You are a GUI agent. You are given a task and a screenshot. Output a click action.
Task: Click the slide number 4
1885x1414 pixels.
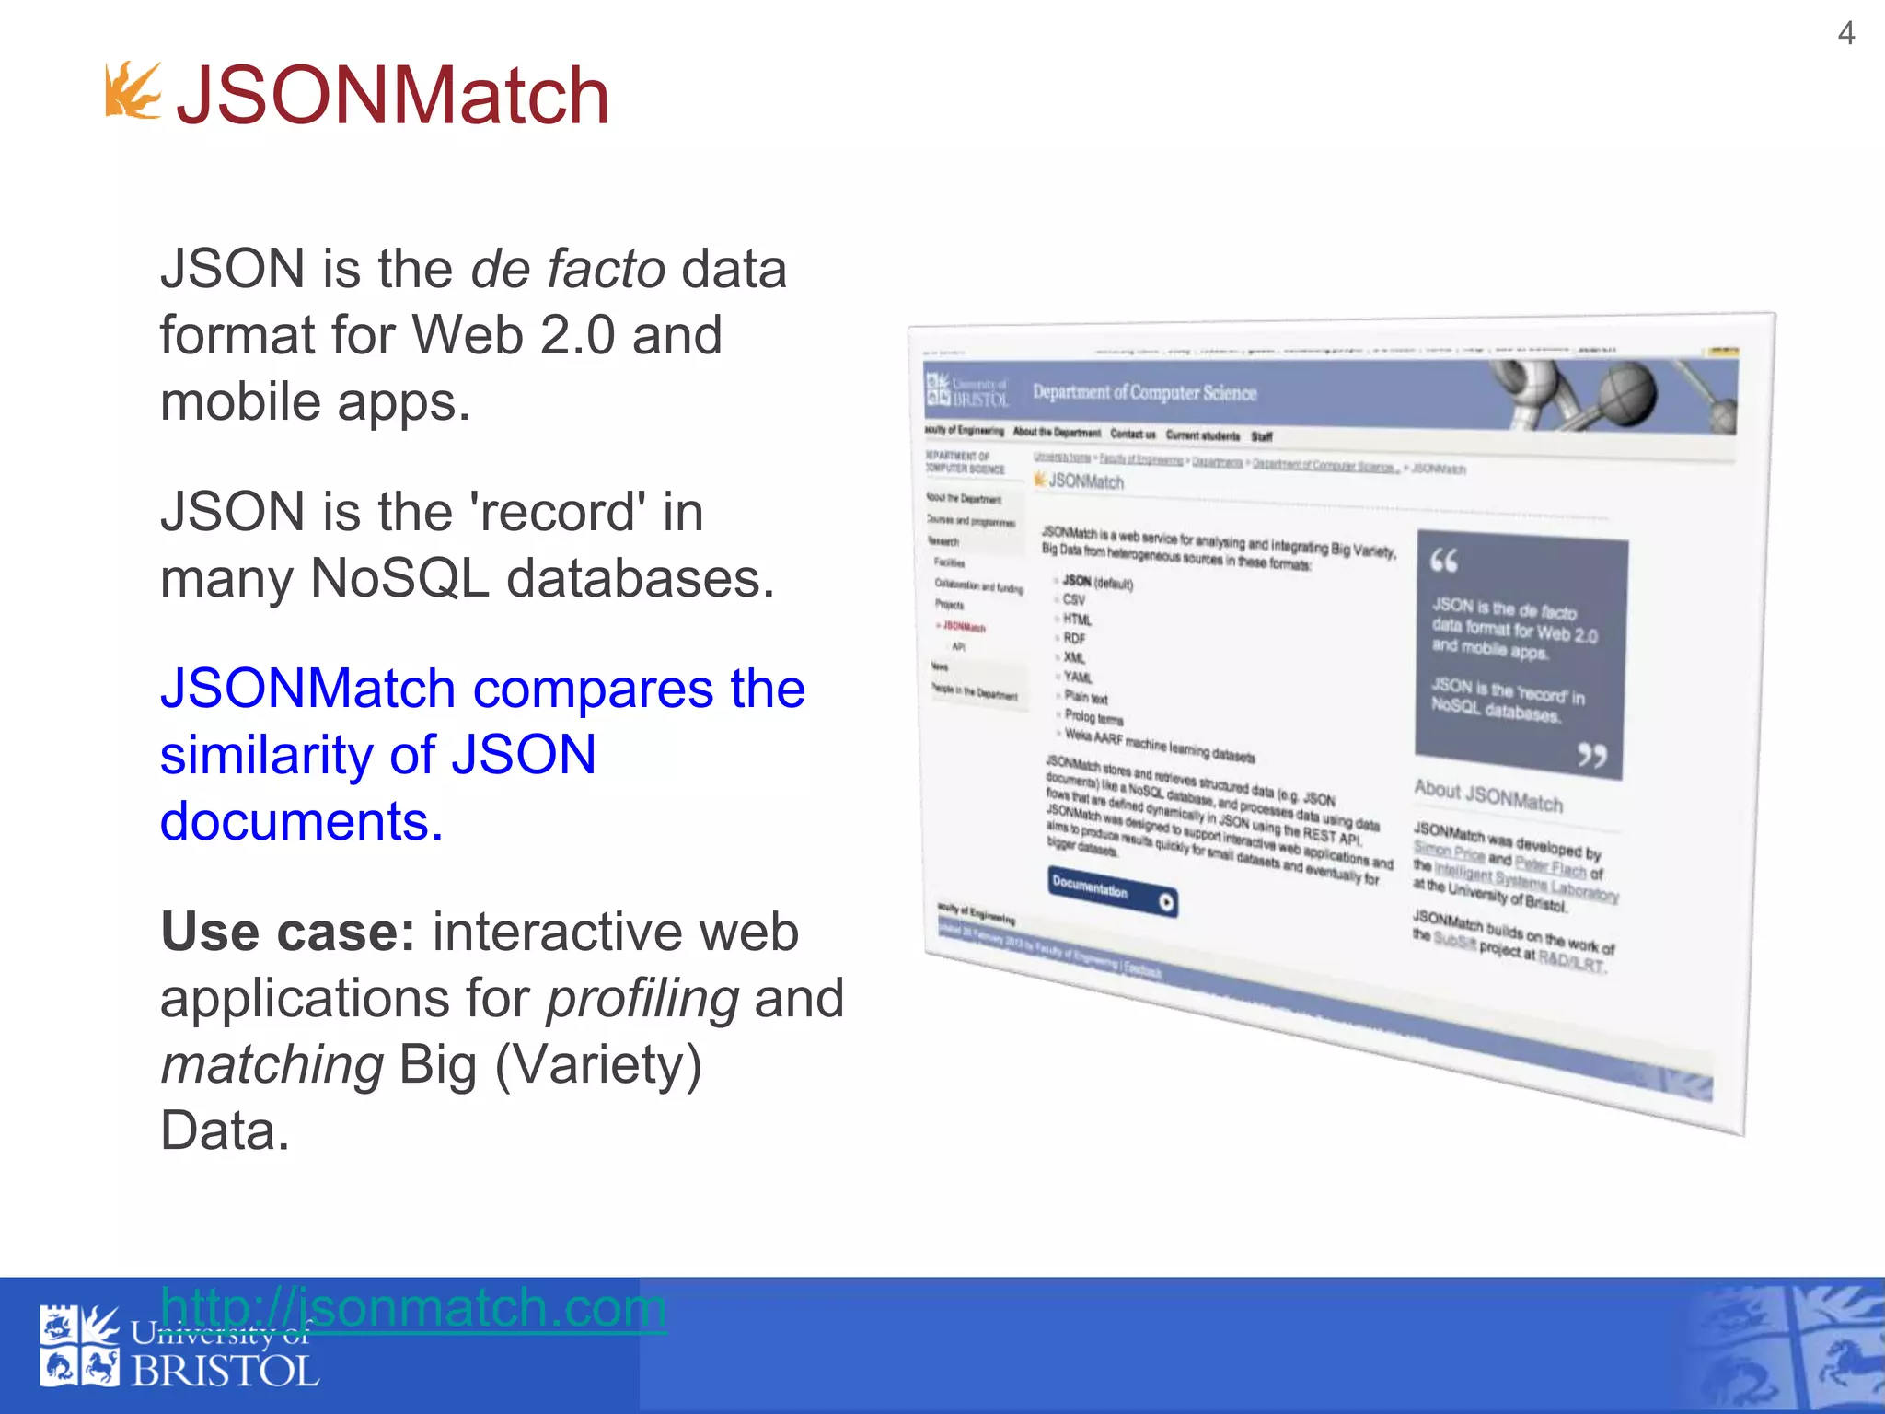tap(1845, 34)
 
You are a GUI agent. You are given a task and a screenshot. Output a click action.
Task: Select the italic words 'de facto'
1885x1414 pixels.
tap(567, 269)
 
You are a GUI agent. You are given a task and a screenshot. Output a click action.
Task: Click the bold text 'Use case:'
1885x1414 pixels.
tap(287, 932)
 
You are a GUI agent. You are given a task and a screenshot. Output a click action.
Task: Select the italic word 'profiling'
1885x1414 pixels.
tap(642, 998)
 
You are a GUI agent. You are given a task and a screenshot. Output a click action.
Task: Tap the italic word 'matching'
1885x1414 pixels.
tap(272, 1064)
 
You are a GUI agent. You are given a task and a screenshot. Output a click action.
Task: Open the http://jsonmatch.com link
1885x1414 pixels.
tap(412, 1307)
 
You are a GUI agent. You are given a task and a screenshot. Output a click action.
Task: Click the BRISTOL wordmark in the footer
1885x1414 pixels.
tap(225, 1373)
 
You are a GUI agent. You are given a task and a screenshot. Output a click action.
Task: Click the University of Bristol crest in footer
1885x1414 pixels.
tap(78, 1346)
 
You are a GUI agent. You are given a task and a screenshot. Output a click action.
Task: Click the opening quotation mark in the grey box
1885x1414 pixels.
tap(1443, 560)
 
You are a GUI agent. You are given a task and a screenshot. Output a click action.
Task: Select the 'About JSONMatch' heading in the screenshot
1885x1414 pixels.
tap(1487, 796)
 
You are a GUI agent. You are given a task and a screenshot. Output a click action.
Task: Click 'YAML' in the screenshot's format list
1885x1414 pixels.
tap(1077, 677)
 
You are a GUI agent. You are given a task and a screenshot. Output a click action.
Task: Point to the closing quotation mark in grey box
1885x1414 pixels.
tap(1591, 756)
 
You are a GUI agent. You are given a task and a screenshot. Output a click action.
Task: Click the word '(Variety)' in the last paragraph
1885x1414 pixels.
tap(598, 1064)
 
